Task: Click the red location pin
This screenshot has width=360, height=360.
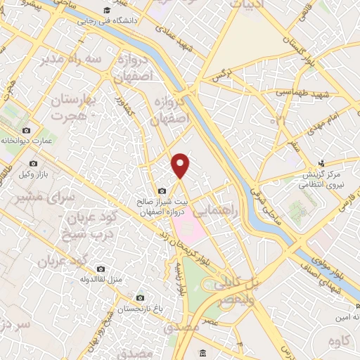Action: (x=181, y=165)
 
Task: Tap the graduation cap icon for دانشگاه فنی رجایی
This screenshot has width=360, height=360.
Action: (x=105, y=11)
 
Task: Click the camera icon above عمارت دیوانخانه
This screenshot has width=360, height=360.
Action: (x=27, y=131)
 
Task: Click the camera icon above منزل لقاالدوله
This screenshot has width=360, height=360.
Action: (x=101, y=269)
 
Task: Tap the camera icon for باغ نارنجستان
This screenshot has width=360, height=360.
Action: (x=140, y=297)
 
